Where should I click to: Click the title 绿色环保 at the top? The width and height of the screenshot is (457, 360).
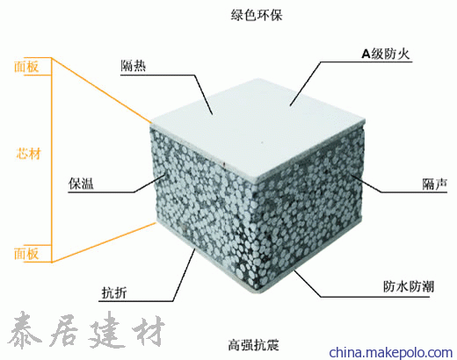(x=257, y=15)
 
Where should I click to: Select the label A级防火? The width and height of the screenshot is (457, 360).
(x=386, y=54)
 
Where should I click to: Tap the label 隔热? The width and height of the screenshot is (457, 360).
(x=134, y=66)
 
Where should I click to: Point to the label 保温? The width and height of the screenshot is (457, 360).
(x=81, y=184)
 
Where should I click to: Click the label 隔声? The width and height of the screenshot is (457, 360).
(x=435, y=184)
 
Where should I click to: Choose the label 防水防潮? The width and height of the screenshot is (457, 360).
(x=409, y=286)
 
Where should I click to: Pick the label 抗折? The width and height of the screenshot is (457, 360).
(x=114, y=292)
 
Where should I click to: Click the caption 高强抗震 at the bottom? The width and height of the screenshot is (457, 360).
(x=254, y=344)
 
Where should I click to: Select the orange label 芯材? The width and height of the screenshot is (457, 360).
(x=28, y=154)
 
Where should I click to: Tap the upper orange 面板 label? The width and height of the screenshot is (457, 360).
(x=26, y=67)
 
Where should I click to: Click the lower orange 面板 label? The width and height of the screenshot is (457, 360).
(x=26, y=254)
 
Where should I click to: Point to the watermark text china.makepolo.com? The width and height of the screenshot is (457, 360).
(x=391, y=352)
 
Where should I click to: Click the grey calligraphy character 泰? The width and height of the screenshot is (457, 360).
(x=25, y=330)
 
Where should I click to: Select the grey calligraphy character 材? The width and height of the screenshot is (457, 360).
(x=149, y=331)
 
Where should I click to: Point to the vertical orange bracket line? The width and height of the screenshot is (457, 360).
(x=52, y=160)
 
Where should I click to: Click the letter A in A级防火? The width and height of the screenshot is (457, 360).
(x=366, y=54)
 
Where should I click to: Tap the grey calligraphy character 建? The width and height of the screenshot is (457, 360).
(x=105, y=329)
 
